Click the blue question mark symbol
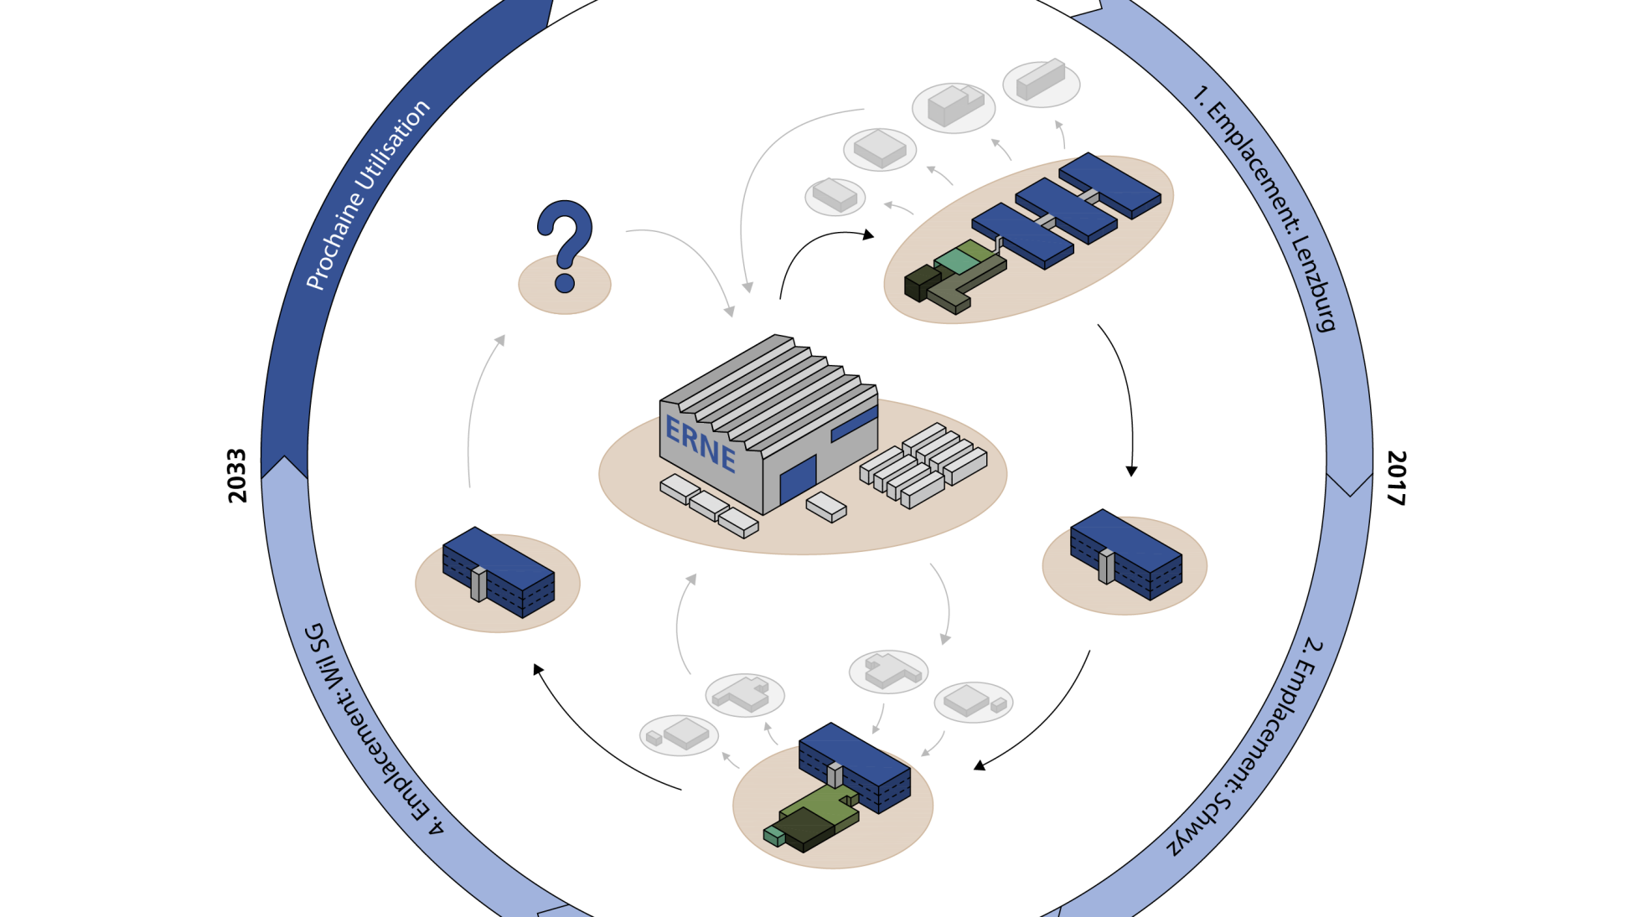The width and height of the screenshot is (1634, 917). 565,243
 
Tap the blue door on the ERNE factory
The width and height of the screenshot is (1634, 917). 797,481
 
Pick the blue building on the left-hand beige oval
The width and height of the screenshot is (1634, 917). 499,572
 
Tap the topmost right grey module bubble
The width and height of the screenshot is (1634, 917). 1041,82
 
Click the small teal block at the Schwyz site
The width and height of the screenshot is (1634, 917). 773,835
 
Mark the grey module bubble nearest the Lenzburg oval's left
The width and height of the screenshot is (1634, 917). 835,197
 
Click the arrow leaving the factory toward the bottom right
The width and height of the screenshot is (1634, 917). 945,603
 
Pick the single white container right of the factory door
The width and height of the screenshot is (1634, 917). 826,507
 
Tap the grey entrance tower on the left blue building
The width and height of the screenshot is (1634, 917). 478,583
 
